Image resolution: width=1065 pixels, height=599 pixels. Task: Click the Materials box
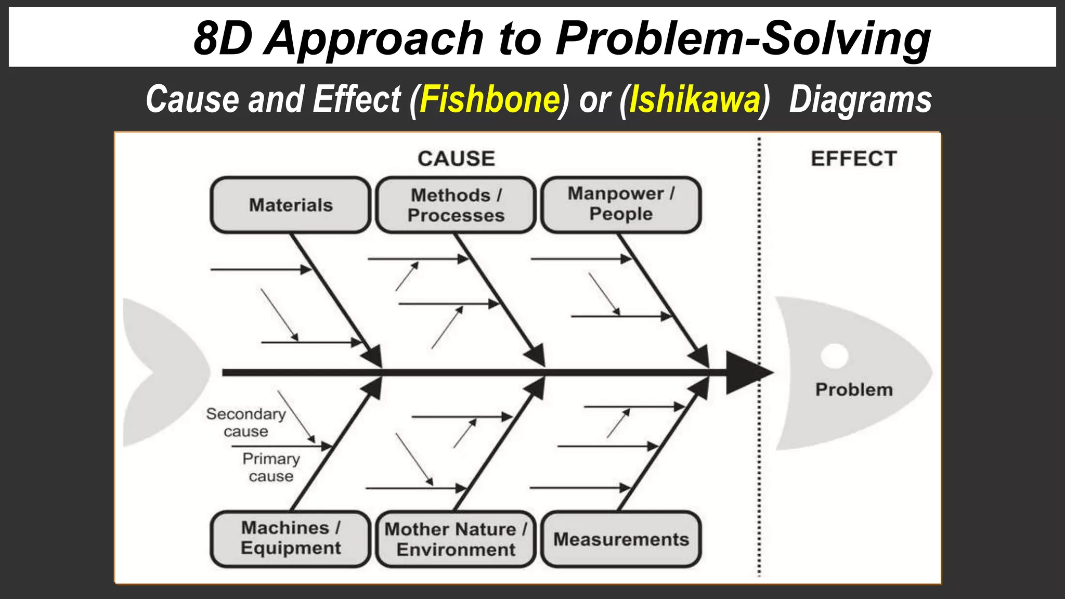point(290,205)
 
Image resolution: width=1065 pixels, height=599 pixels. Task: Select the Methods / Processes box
point(456,205)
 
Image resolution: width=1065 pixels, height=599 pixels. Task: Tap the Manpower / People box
point(621,204)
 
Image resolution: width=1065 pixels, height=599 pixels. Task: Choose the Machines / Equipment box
point(290,538)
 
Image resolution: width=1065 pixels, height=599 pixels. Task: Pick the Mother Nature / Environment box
point(456,539)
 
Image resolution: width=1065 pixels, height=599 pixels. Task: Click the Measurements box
point(621,539)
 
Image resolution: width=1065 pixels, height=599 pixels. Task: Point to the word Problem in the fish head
point(854,389)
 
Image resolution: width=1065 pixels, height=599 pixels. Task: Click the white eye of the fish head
point(835,356)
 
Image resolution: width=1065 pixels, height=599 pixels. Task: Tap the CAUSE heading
point(456,159)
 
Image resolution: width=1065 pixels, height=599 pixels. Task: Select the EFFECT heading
point(854,159)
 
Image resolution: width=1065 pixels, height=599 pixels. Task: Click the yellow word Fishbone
point(489,99)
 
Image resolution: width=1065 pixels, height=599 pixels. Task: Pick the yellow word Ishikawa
point(694,99)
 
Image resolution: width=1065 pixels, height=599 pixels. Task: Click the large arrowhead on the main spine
point(746,372)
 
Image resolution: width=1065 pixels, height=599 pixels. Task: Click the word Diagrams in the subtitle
point(860,99)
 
